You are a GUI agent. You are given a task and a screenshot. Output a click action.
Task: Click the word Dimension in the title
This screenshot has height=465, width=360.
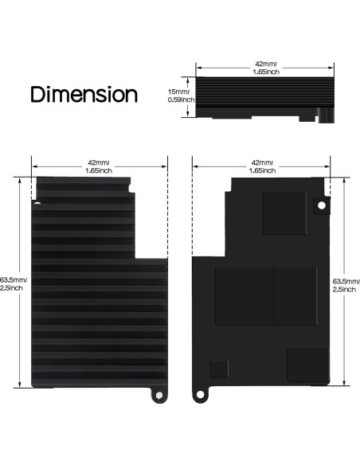click(84, 94)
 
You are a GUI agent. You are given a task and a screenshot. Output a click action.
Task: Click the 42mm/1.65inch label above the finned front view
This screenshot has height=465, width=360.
click(98, 166)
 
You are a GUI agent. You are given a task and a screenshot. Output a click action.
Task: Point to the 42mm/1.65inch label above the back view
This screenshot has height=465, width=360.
click(264, 166)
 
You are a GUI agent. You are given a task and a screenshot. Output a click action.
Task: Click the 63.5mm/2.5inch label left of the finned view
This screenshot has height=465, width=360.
click(14, 283)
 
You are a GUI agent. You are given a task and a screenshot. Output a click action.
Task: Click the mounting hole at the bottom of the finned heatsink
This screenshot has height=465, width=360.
click(158, 395)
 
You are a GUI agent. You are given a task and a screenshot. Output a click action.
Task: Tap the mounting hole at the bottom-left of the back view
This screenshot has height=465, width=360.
click(201, 395)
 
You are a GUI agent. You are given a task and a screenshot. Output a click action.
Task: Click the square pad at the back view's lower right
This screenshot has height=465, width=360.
click(307, 365)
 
